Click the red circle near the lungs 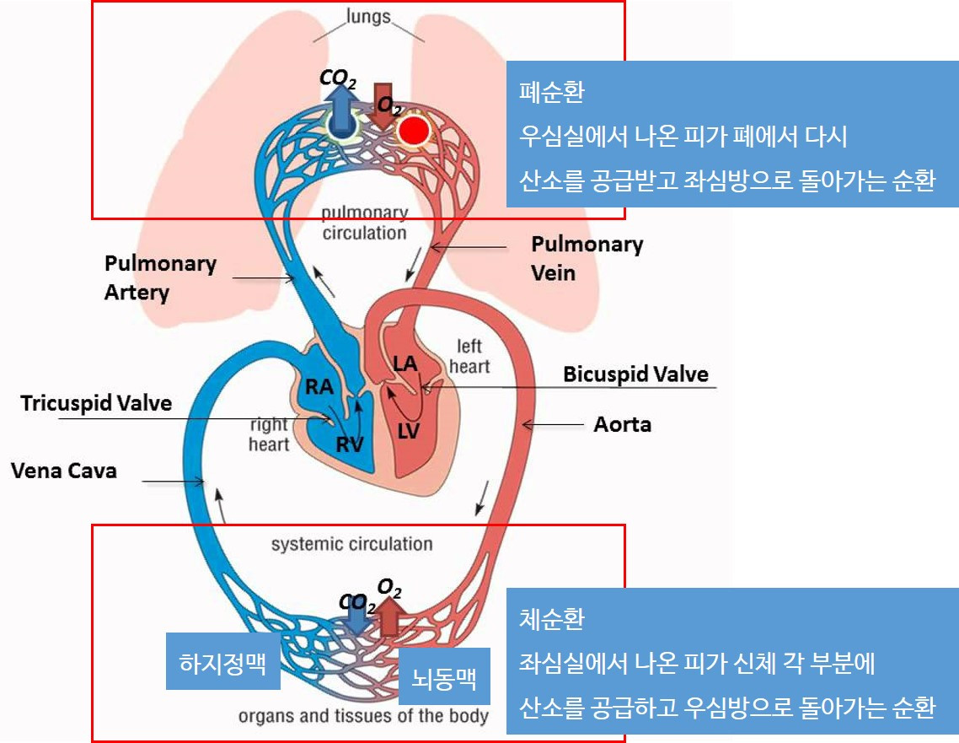pos(413,131)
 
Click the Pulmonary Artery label pos(160,277)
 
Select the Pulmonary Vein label pos(587,258)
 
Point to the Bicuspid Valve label pos(635,374)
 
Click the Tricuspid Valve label pos(96,403)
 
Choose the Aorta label pos(622,424)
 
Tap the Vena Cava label pos(64,471)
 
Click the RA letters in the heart pos(319,387)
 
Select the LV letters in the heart pos(409,431)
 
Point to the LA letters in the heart pos(406,364)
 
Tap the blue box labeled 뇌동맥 pos(443,676)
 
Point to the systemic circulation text pos(351,544)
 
